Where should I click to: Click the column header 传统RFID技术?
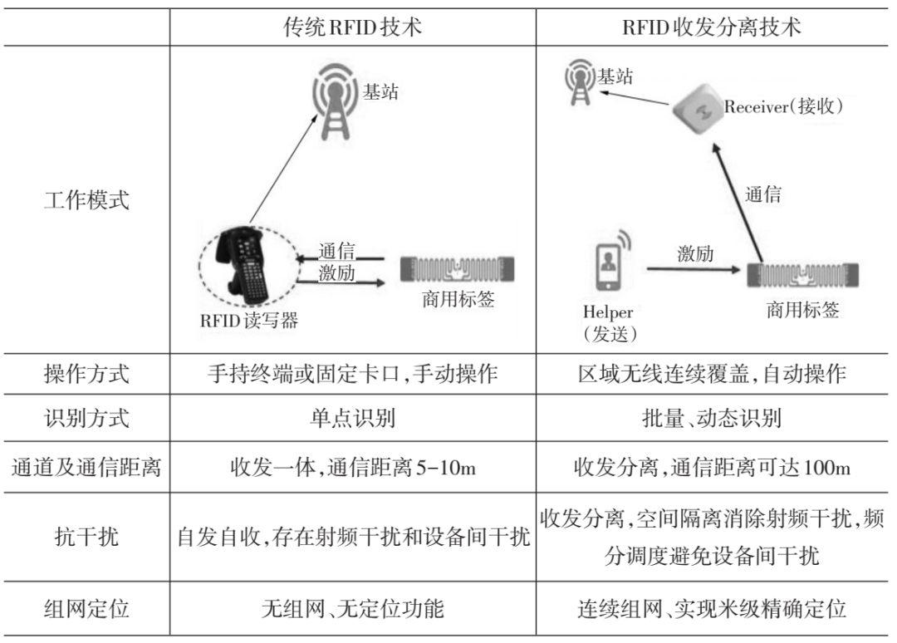352,27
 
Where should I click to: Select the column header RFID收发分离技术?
712,27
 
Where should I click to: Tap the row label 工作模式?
86,200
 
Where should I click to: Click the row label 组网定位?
86,609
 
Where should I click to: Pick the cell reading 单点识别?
353,417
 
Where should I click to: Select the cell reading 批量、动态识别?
712,417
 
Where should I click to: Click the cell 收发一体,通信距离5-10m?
353,467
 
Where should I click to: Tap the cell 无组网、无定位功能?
353,609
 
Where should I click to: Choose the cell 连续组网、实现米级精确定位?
712,609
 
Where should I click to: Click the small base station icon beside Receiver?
578,81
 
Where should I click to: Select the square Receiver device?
695,109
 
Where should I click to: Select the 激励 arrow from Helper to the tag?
694,269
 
